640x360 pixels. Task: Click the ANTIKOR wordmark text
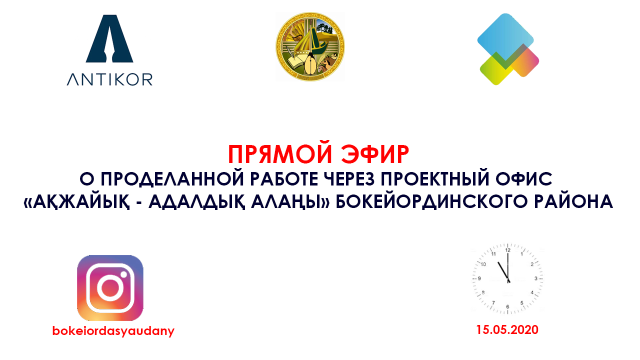(109, 79)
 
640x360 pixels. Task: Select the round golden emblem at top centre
(310, 46)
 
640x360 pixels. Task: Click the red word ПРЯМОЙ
(280, 154)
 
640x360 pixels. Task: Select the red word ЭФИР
(375, 154)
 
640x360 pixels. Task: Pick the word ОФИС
(524, 179)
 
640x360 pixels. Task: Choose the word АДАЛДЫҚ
(197, 201)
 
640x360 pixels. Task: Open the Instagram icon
(110, 287)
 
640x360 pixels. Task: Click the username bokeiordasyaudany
(113, 331)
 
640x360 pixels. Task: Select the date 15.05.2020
(507, 329)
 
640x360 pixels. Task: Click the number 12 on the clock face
(507, 250)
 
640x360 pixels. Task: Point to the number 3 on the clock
(536, 278)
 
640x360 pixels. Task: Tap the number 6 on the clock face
(507, 307)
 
